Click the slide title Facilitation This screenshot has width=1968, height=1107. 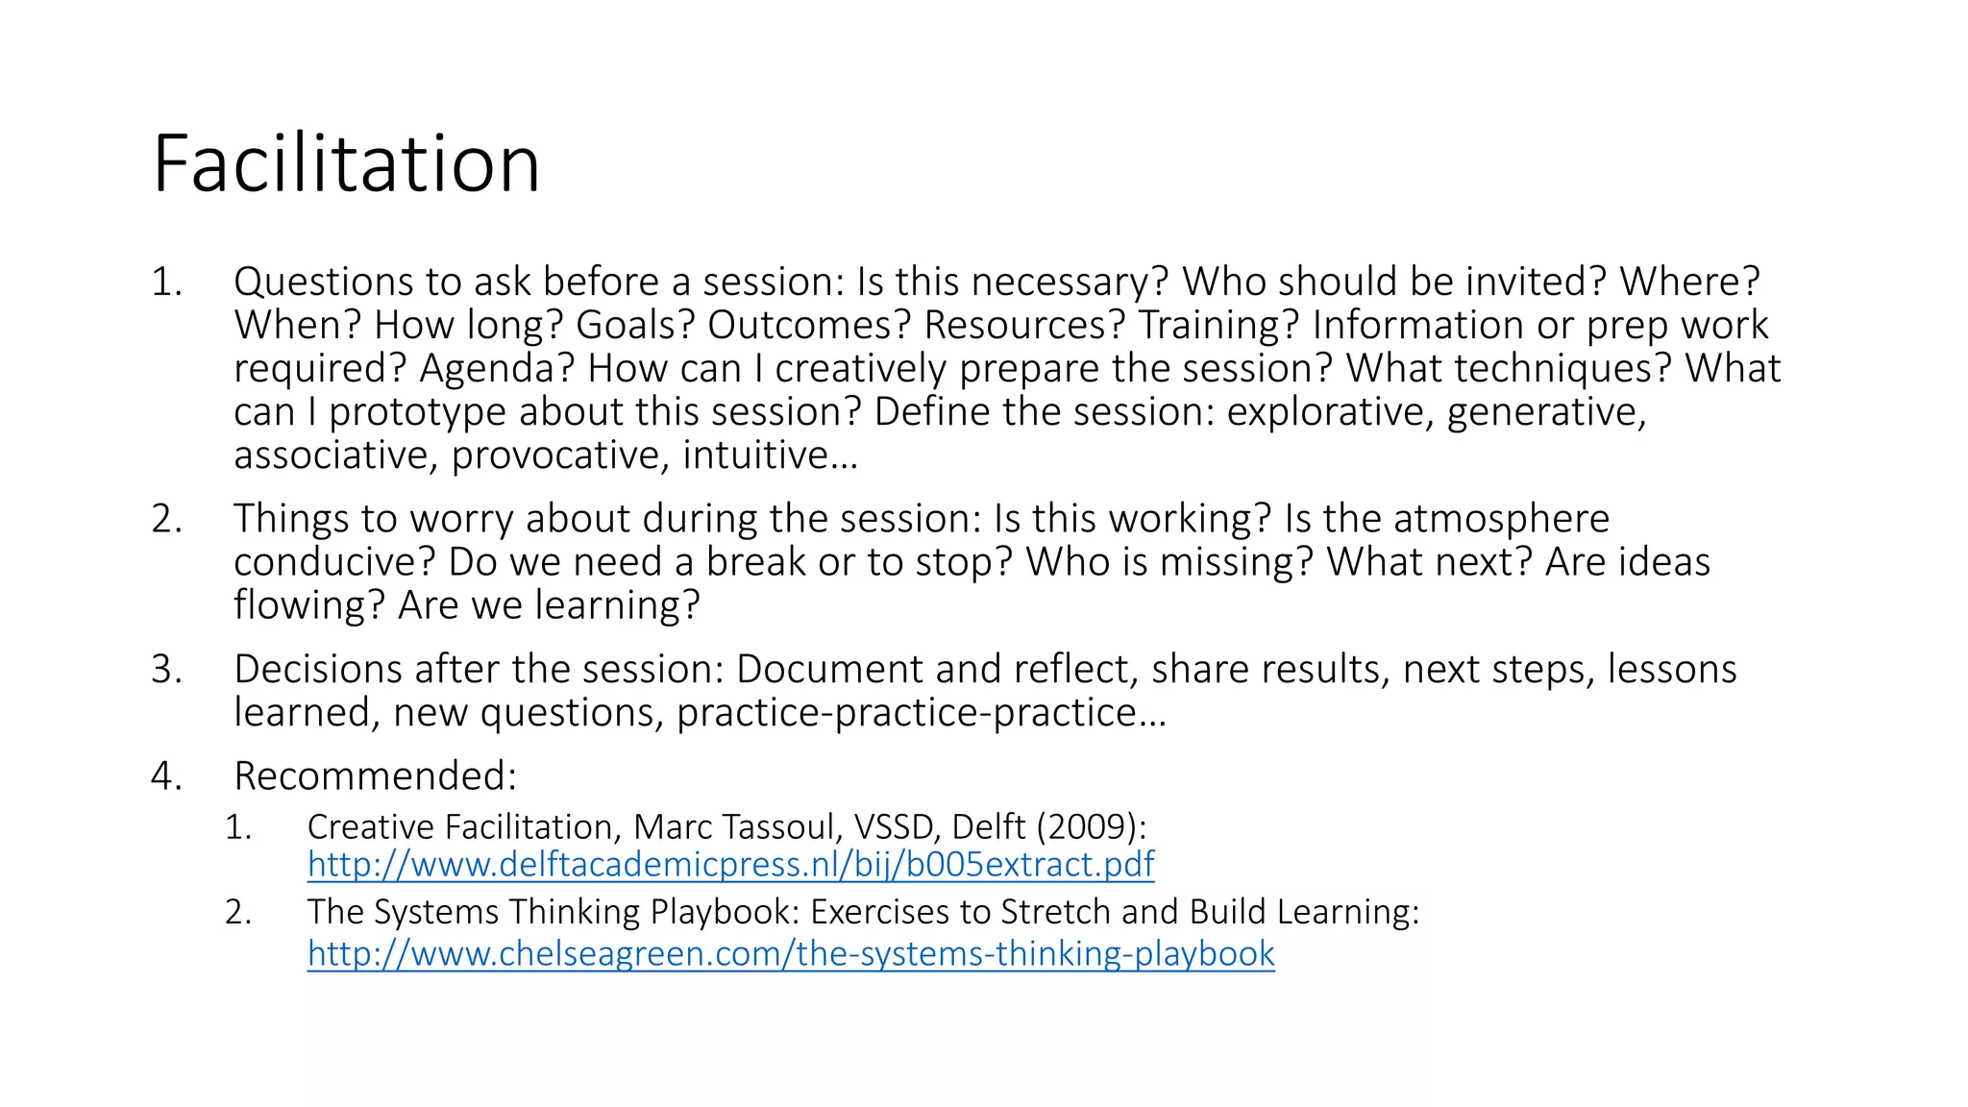[x=346, y=163]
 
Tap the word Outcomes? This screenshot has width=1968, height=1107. [x=808, y=325]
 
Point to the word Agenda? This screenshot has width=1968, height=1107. [x=496, y=368]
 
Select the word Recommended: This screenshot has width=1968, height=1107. [x=376, y=775]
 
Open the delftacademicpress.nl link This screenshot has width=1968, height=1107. [x=730, y=864]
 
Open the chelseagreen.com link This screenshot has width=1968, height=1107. [x=791, y=953]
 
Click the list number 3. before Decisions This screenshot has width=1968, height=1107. [x=166, y=669]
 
